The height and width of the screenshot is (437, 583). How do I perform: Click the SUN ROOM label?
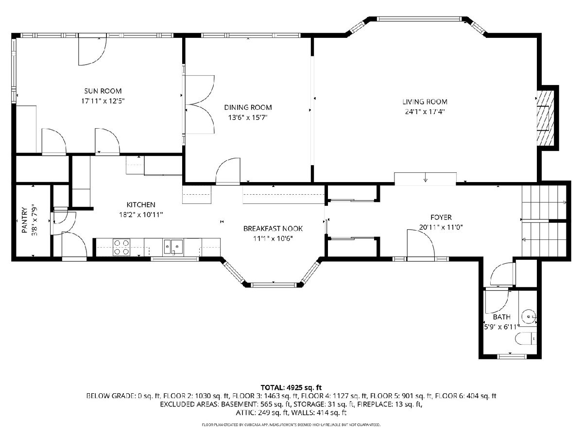pyautogui.click(x=103, y=91)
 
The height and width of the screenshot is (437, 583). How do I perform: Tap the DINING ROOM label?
pyautogui.click(x=248, y=107)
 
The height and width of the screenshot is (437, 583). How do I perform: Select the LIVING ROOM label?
pyautogui.click(x=425, y=101)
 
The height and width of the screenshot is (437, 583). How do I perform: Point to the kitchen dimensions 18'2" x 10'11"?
pyautogui.click(x=141, y=215)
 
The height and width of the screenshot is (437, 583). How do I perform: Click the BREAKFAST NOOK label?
pyautogui.click(x=273, y=228)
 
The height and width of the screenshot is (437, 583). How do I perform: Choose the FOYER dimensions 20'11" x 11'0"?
pyautogui.click(x=441, y=227)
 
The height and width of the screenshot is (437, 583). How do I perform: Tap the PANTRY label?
pyautogui.click(x=25, y=220)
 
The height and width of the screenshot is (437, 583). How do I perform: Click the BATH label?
pyautogui.click(x=502, y=317)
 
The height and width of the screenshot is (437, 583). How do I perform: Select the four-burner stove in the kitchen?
pyautogui.click(x=121, y=247)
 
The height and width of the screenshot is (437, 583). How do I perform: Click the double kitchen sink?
pyautogui.click(x=173, y=247)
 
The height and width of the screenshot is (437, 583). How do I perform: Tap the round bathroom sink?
pyautogui.click(x=529, y=317)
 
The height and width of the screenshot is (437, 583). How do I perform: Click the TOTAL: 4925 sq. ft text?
pyautogui.click(x=291, y=387)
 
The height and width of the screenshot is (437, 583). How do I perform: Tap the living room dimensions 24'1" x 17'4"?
pyautogui.click(x=425, y=112)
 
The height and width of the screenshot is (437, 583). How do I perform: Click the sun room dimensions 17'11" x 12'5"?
pyautogui.click(x=103, y=101)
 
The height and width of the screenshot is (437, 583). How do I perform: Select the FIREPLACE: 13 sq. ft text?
pyautogui.click(x=390, y=404)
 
